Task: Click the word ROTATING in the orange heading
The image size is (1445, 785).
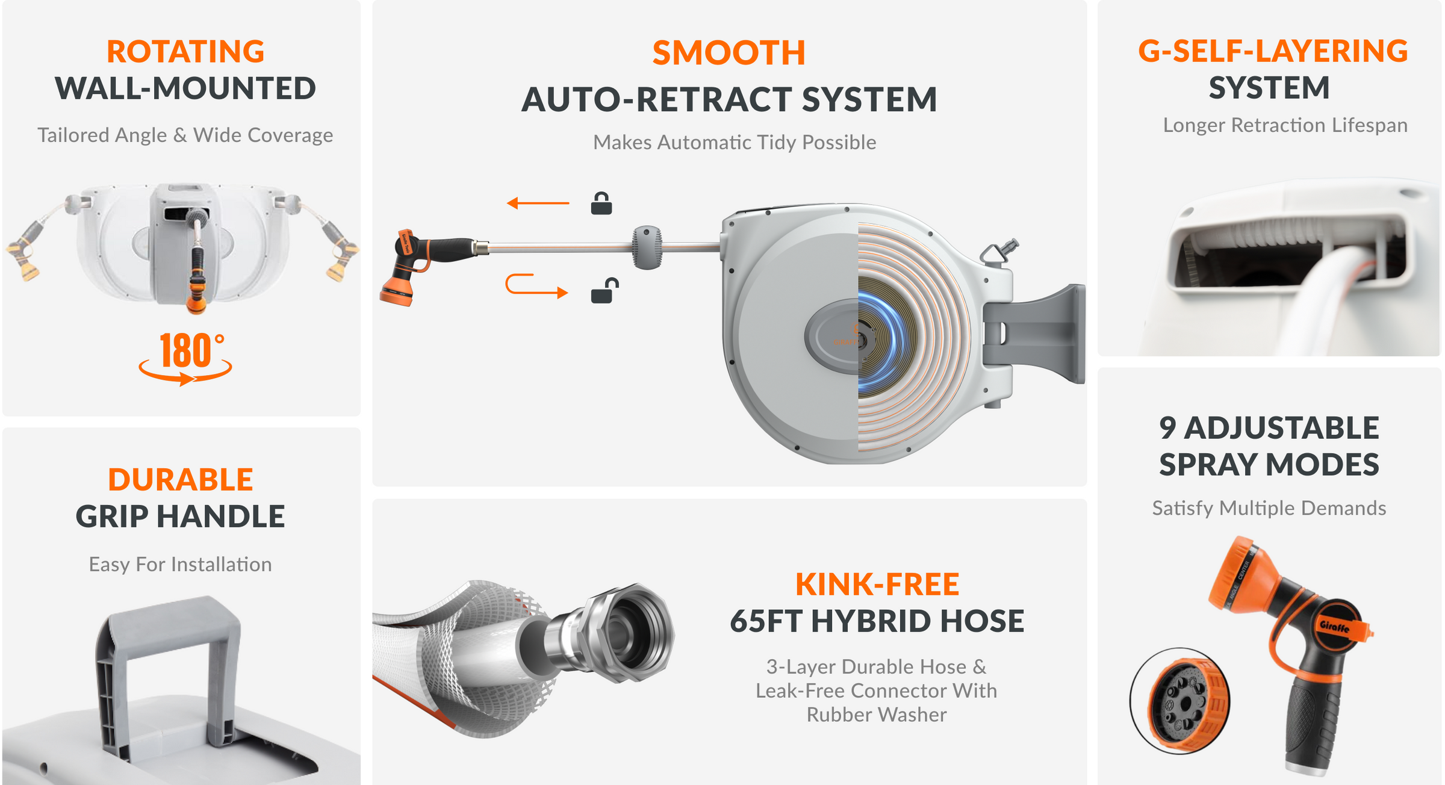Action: tap(185, 52)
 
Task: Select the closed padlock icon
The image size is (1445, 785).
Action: tap(601, 203)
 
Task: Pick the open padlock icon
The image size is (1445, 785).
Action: tap(604, 290)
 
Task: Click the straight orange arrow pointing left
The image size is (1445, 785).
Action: tap(538, 203)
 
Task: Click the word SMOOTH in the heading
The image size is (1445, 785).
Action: tap(729, 53)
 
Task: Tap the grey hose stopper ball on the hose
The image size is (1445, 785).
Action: tap(647, 247)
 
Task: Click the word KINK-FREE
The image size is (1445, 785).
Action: tap(877, 585)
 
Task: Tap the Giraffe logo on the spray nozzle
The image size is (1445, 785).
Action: tap(1335, 627)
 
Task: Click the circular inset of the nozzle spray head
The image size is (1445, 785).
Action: tap(1180, 700)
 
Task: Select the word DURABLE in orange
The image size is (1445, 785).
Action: tap(181, 480)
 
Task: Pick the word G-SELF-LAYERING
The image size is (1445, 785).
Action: tap(1273, 51)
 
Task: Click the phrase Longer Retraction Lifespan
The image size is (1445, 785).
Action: tap(1285, 125)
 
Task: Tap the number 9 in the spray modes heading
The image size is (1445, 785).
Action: tap(1168, 428)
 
